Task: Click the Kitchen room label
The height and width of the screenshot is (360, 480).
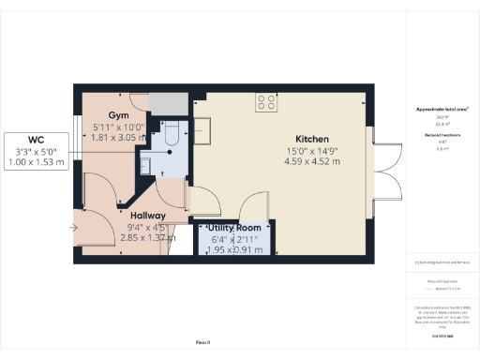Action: (310, 139)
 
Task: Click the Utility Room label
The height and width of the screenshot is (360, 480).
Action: (233, 228)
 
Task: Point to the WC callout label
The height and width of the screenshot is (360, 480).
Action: (36, 141)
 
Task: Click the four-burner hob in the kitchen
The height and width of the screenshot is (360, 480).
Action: (266, 103)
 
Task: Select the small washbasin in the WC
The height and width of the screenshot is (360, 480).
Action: (148, 161)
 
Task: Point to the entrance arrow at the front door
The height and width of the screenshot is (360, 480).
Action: (74, 226)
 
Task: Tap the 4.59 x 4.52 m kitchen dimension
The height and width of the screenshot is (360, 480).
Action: (311, 161)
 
